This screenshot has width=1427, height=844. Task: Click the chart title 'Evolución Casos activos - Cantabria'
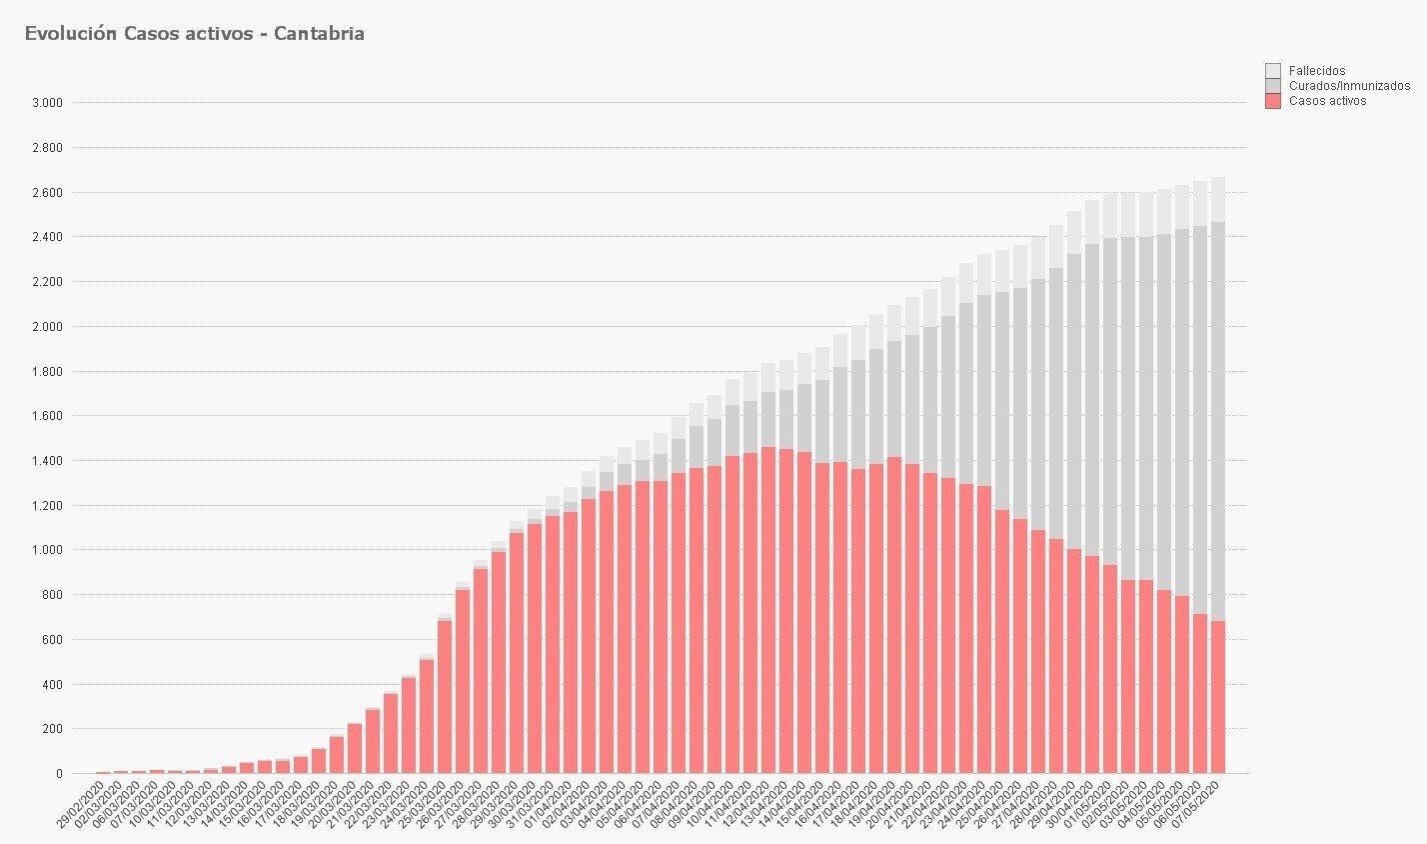tap(194, 34)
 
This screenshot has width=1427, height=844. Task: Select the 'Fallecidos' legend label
tap(1317, 71)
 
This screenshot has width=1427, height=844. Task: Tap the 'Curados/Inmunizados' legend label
tap(1349, 86)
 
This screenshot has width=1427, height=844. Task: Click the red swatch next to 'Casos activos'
tap(1272, 101)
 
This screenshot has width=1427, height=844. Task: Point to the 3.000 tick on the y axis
tap(47, 103)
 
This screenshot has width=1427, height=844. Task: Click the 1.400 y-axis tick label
tap(47, 461)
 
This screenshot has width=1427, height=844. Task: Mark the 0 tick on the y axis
tap(59, 774)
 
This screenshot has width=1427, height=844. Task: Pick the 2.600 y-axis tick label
tap(47, 192)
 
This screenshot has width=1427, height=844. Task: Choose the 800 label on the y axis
tap(52, 595)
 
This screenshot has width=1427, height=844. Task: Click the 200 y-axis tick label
tap(52, 729)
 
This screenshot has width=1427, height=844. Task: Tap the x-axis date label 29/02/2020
tap(78, 806)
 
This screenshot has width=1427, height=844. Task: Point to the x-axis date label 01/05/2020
tap(1093, 806)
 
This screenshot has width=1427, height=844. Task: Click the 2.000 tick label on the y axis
tap(47, 327)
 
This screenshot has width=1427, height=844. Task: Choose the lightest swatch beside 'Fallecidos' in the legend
tap(1272, 70)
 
